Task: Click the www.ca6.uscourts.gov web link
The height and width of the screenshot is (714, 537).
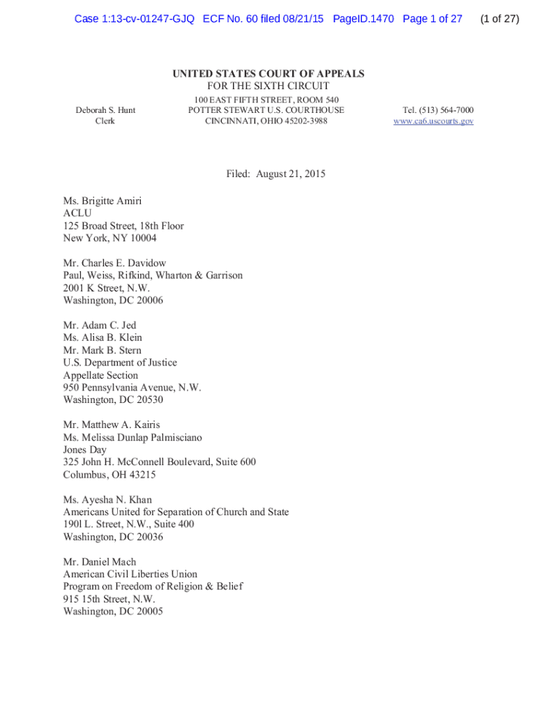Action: pos(433,121)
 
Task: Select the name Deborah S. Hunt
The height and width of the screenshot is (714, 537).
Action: pos(105,110)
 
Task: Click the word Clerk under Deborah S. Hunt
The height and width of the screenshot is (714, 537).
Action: pos(105,121)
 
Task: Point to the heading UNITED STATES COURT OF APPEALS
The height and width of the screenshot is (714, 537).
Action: pos(268,74)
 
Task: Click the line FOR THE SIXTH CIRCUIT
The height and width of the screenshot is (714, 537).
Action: pos(268,86)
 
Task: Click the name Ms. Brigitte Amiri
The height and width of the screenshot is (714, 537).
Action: pos(103,201)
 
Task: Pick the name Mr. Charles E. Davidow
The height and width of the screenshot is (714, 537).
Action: pos(114,263)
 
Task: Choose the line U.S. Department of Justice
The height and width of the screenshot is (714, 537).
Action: pos(120,363)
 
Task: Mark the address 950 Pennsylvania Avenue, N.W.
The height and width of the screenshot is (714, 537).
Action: pos(132,388)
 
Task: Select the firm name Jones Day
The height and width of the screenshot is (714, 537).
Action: pos(84,450)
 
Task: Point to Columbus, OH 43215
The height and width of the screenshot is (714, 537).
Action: pos(110,475)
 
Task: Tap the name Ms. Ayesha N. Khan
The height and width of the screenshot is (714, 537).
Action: pos(107,500)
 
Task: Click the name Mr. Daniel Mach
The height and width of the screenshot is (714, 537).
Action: pos(100,562)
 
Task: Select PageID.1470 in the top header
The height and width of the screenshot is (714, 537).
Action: pos(363,19)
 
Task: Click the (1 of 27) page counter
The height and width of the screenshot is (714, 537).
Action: pos(499,19)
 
